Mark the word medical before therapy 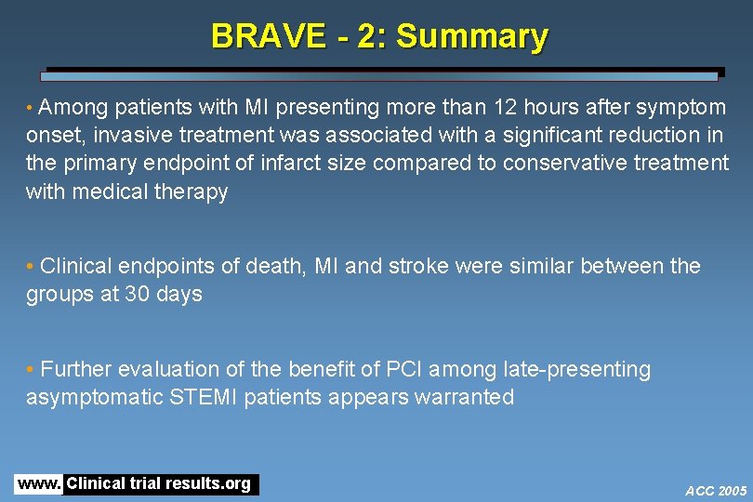[115, 192]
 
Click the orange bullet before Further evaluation [32, 370]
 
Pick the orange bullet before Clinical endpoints [32, 267]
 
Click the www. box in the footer [38, 484]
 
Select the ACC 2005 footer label [716, 490]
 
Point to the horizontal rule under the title [381, 73]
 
